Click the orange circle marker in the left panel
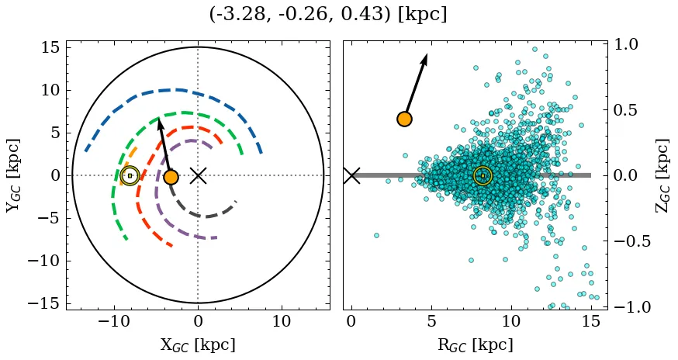171,177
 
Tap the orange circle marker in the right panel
404,119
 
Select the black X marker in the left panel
198,175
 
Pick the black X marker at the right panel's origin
351,175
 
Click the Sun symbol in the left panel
130,176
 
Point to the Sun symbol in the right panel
483,176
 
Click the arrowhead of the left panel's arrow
160,123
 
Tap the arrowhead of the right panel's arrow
425,59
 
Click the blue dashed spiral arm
178,90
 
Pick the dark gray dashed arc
203,216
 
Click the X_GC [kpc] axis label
198,345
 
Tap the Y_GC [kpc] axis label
13,175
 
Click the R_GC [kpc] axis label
476,345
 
